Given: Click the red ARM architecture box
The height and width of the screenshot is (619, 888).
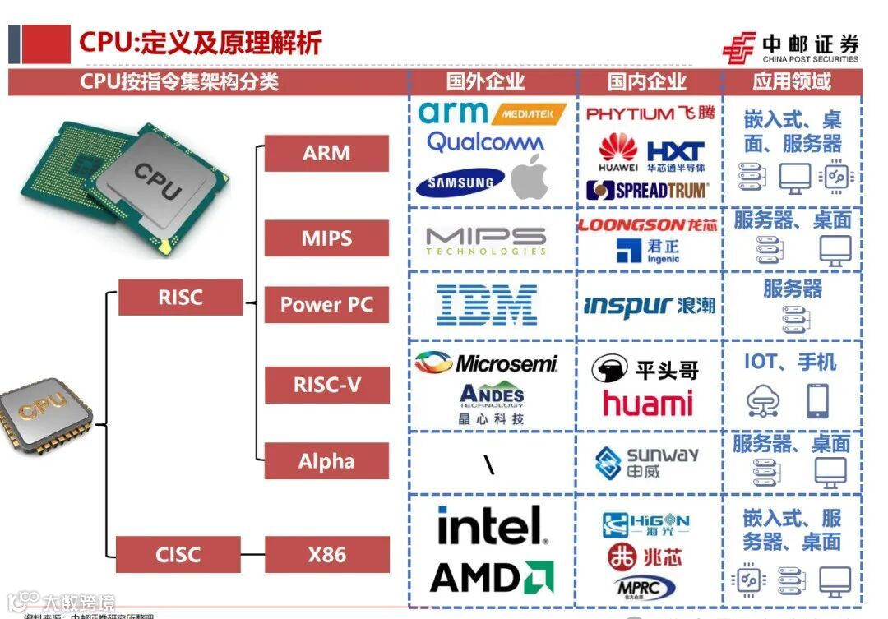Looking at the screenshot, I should click(x=326, y=153).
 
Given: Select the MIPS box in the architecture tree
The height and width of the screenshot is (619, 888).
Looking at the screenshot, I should click(x=326, y=238).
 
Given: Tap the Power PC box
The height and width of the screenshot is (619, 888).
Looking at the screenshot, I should click(x=326, y=304).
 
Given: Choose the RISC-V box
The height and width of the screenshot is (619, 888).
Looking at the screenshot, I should click(x=326, y=384).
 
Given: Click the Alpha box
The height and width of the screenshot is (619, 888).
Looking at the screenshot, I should click(x=326, y=461).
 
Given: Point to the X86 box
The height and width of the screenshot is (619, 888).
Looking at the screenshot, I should click(x=326, y=554).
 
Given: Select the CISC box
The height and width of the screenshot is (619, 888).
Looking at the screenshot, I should click(x=178, y=554).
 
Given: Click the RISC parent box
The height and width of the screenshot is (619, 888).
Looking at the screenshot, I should click(x=180, y=297).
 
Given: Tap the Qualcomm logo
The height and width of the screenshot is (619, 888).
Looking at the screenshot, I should click(x=485, y=141).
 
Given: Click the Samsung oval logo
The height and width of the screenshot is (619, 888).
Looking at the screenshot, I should click(x=460, y=183).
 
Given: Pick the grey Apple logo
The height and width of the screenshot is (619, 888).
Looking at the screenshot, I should click(x=530, y=177).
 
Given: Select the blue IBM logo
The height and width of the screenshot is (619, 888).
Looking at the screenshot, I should click(x=487, y=305).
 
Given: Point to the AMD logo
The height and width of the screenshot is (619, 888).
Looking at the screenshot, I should click(x=492, y=577).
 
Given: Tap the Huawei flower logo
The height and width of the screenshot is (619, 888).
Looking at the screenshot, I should click(x=617, y=149).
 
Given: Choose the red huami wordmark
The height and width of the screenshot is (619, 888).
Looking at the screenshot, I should click(x=648, y=403).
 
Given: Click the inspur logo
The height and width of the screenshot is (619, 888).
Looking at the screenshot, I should click(x=650, y=306).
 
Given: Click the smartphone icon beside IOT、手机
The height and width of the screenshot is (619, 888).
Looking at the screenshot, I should click(x=817, y=401).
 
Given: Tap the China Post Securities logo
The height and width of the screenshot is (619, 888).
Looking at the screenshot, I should click(x=790, y=48).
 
